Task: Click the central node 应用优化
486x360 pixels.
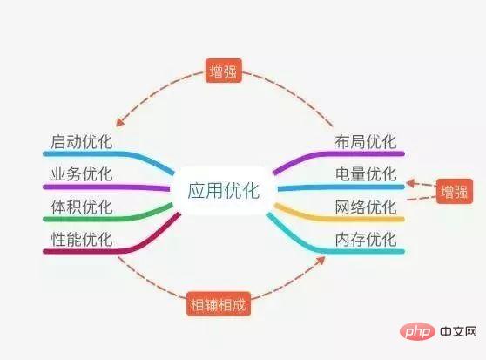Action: [x=223, y=190]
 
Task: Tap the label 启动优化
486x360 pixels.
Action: [x=82, y=142]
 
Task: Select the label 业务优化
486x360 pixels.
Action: [x=82, y=174]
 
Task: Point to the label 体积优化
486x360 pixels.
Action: [x=82, y=207]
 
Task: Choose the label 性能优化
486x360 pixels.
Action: [x=82, y=239]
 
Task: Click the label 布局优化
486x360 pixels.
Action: [x=366, y=142]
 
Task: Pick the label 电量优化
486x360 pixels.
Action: [x=366, y=174]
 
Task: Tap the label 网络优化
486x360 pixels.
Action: [x=366, y=207]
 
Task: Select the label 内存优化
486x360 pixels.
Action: [x=366, y=239]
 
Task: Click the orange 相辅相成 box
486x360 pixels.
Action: [x=219, y=304]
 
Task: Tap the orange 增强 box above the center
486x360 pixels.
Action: [x=224, y=71]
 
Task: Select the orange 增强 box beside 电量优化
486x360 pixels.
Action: [x=455, y=191]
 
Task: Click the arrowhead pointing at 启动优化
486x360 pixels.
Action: [x=119, y=122]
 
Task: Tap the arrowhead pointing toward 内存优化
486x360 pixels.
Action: [x=321, y=260]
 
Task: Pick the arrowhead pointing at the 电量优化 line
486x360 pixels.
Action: [x=411, y=183]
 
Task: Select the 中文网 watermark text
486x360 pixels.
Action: [x=458, y=331]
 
